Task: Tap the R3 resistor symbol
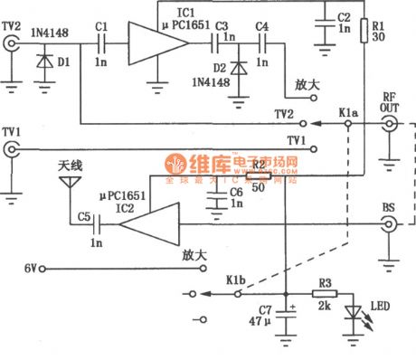point(326,293)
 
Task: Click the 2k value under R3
point(324,309)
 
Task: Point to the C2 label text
point(342,17)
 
